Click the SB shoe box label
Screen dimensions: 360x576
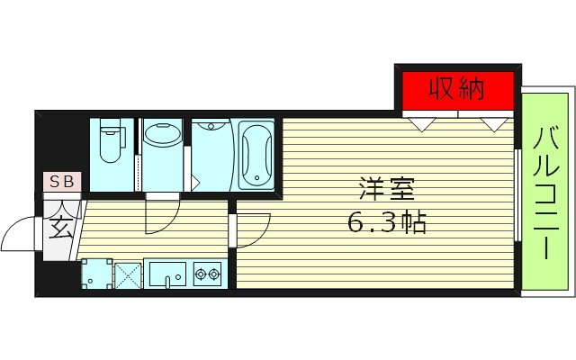62,182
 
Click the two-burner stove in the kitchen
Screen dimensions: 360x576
208,273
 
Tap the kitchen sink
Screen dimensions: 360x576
166,273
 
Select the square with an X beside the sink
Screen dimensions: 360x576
126,273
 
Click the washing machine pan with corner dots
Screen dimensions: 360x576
94,273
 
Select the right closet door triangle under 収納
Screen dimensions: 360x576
492,123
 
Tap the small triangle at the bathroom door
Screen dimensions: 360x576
195,184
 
